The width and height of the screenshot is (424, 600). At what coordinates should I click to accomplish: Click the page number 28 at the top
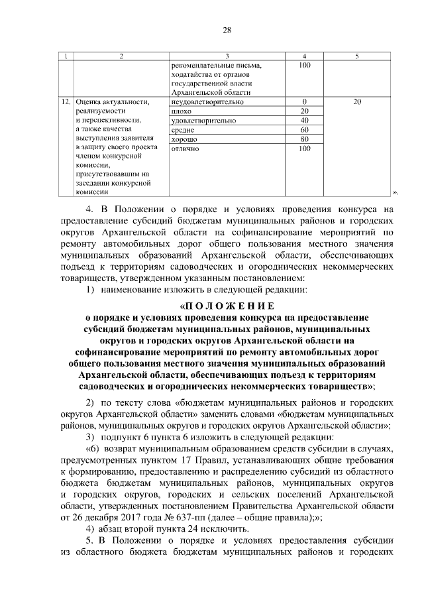point(227,30)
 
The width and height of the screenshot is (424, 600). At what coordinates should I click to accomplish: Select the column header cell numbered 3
point(227,56)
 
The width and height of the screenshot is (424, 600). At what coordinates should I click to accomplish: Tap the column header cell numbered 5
point(356,56)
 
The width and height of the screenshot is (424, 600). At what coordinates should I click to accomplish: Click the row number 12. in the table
point(66,103)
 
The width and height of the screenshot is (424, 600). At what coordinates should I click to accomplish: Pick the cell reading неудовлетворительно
point(207,102)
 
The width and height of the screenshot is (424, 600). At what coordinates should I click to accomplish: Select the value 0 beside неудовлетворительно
point(305,102)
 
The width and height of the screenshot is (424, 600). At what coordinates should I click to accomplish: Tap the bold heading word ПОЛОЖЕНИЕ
point(227,306)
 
